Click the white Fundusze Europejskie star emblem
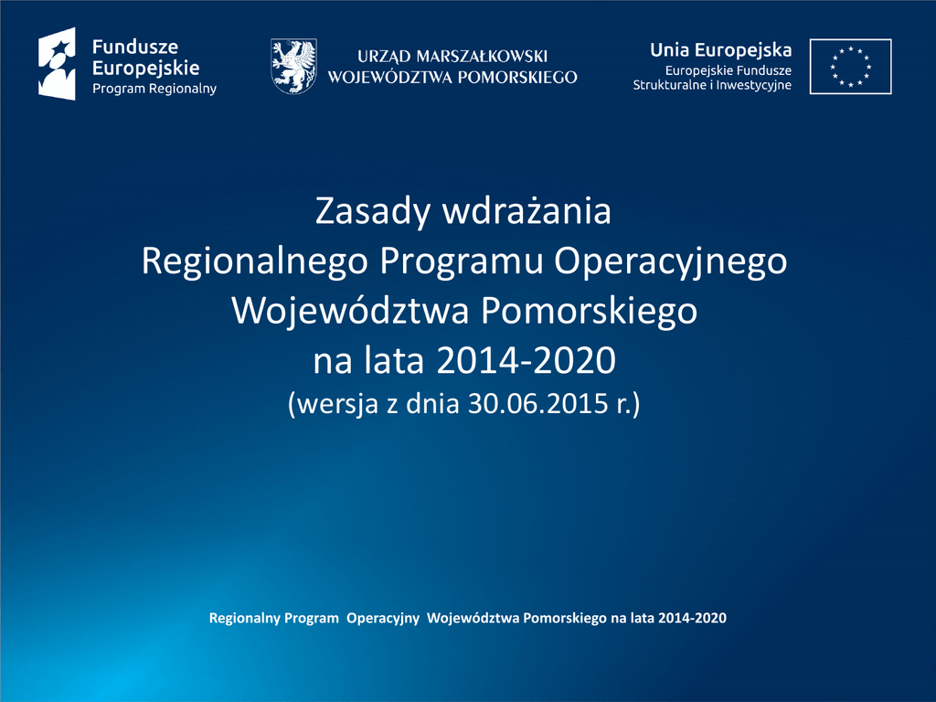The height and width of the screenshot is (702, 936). pos(58,64)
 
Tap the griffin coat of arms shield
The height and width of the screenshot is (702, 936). pos(293,66)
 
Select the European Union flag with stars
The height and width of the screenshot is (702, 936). pos(850,66)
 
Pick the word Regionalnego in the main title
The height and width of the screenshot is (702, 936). pos(254,261)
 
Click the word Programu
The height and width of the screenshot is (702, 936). pos(461,261)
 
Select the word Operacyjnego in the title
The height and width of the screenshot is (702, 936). pos(670,261)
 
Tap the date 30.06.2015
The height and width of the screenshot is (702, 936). pos(537,403)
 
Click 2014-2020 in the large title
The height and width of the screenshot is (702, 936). pos(526,360)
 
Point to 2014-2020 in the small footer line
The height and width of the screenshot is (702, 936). pos(693,618)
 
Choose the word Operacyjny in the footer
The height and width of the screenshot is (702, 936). pos(383,619)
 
